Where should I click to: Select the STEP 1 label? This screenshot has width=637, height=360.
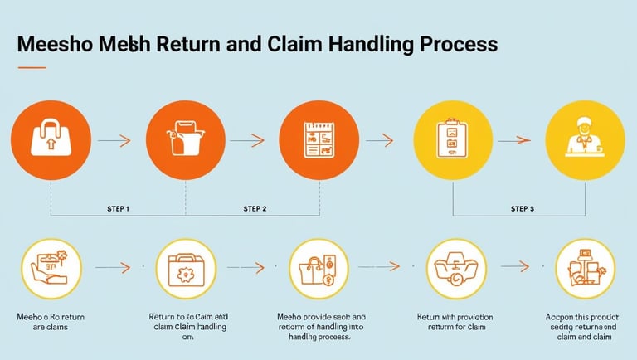(x=118, y=208)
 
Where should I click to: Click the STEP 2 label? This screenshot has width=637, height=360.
(x=255, y=208)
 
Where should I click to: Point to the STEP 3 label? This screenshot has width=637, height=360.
(x=523, y=208)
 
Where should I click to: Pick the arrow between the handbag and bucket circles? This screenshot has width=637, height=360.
(x=117, y=140)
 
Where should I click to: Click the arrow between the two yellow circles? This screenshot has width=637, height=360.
(x=518, y=140)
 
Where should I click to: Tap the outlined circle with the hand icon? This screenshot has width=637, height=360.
(x=51, y=268)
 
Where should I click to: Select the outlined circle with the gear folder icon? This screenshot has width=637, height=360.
(x=185, y=268)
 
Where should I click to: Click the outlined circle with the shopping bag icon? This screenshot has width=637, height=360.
(x=318, y=268)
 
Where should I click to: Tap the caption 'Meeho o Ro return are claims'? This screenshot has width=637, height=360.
(x=51, y=323)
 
